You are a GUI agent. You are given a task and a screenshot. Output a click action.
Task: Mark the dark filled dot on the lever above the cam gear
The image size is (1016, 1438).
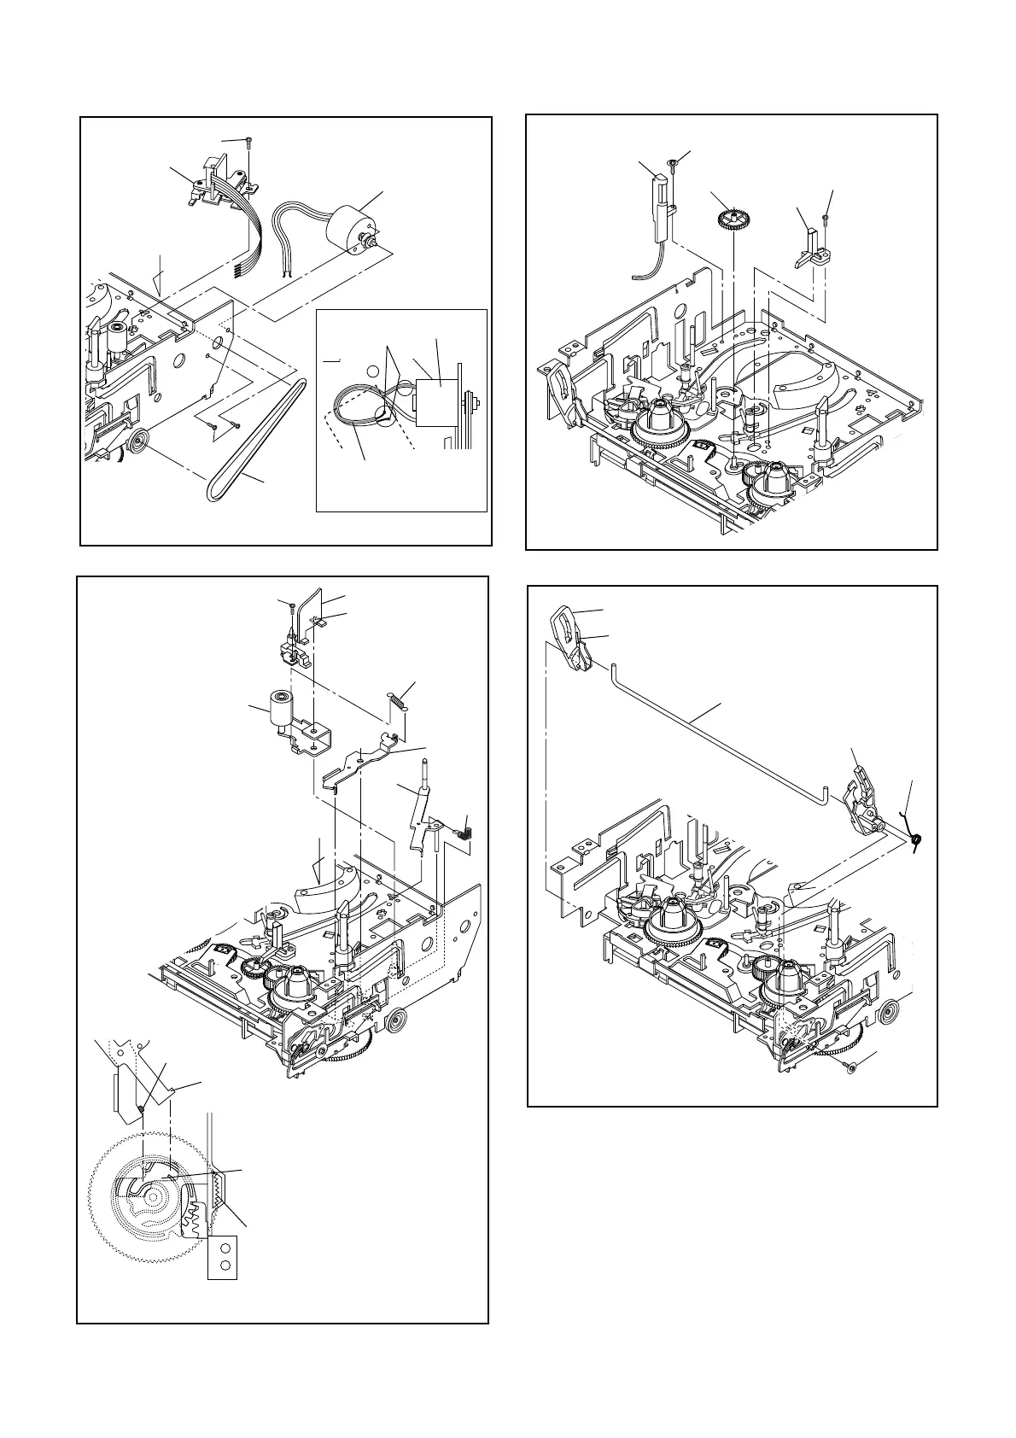click(x=140, y=1108)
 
